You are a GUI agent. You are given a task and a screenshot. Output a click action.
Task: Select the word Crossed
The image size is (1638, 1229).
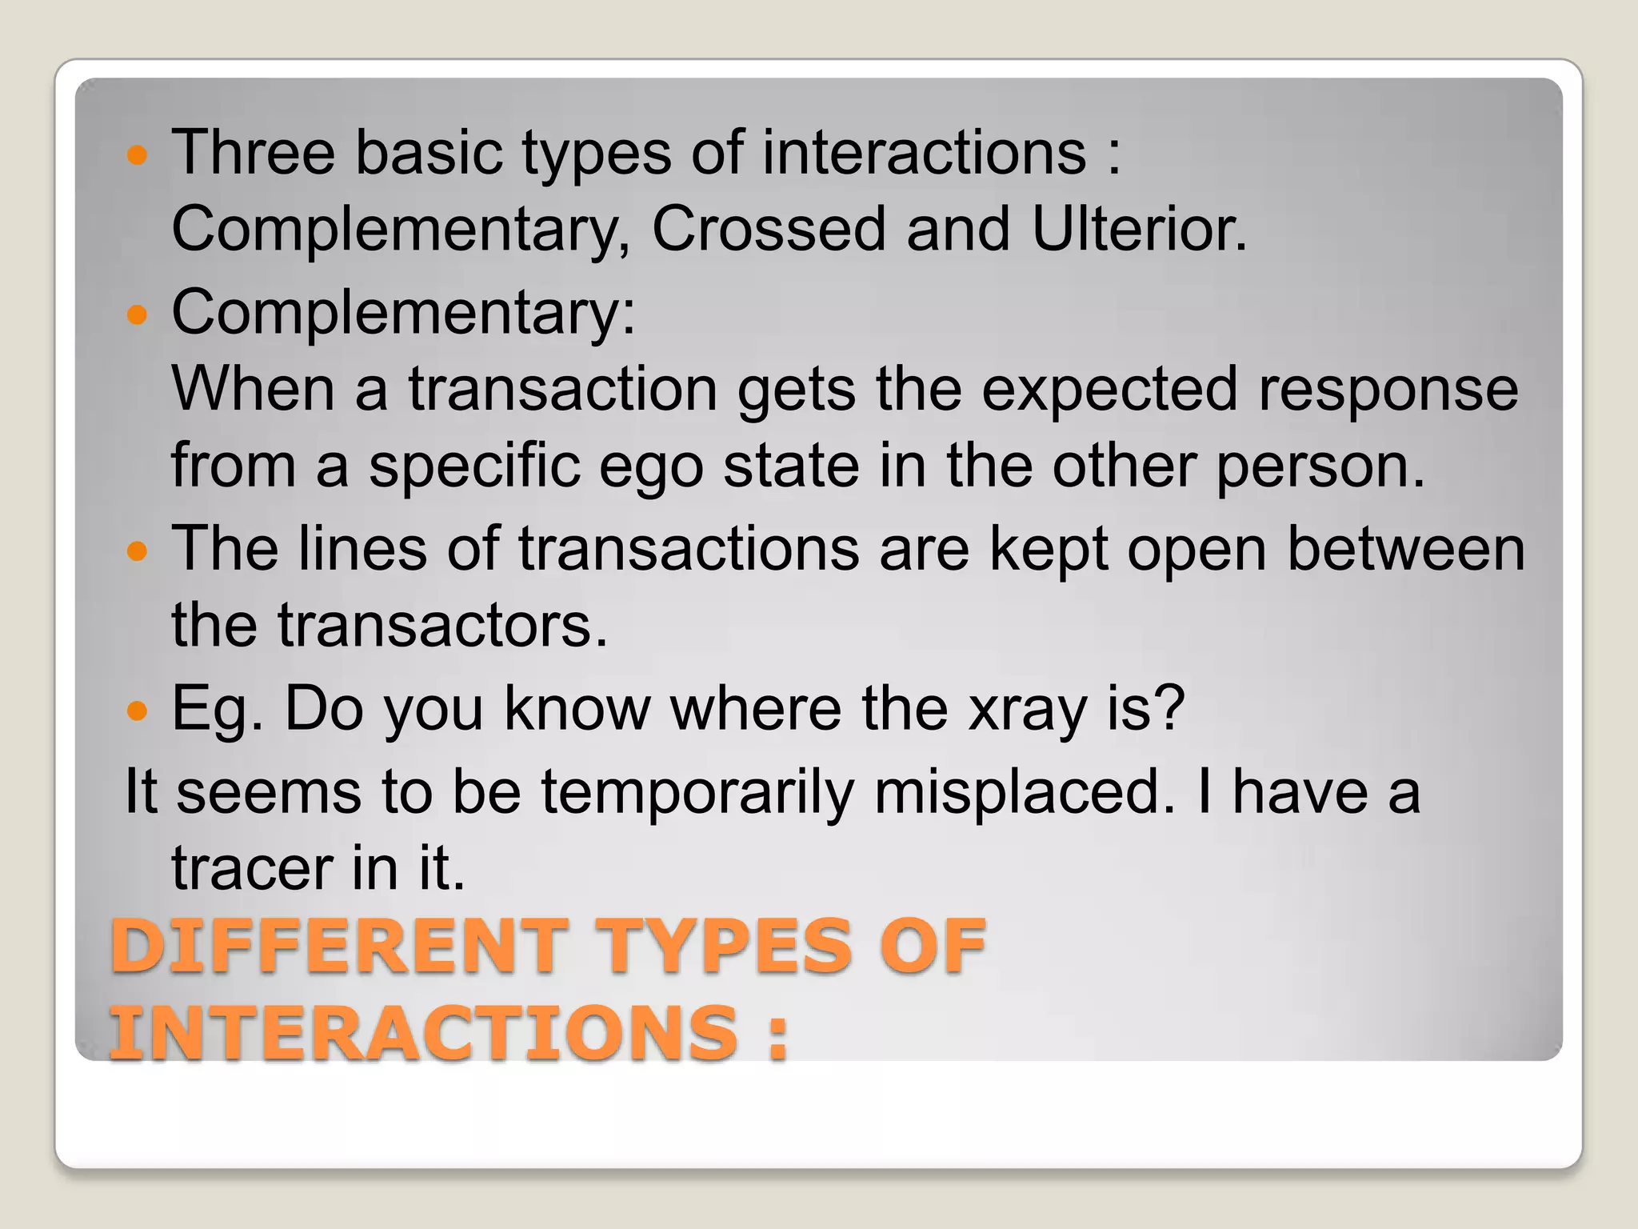(x=768, y=230)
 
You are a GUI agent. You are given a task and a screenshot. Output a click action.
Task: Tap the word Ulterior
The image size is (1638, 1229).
(x=1139, y=230)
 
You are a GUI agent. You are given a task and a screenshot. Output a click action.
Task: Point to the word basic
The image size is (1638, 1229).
(x=429, y=152)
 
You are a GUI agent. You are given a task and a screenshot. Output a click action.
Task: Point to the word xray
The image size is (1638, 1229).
(x=1027, y=709)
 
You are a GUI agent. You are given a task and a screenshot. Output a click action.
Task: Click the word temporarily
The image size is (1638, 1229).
(x=697, y=792)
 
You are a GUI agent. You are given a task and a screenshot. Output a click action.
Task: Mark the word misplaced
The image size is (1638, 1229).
(x=1026, y=792)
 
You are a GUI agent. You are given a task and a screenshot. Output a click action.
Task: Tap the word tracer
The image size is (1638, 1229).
(x=252, y=869)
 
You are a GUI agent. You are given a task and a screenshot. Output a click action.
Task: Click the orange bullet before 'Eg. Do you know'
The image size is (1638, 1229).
(x=138, y=711)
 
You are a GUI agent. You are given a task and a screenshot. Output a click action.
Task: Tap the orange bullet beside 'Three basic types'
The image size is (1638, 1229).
(x=138, y=154)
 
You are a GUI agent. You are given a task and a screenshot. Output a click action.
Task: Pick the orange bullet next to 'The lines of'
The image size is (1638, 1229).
(x=138, y=550)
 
